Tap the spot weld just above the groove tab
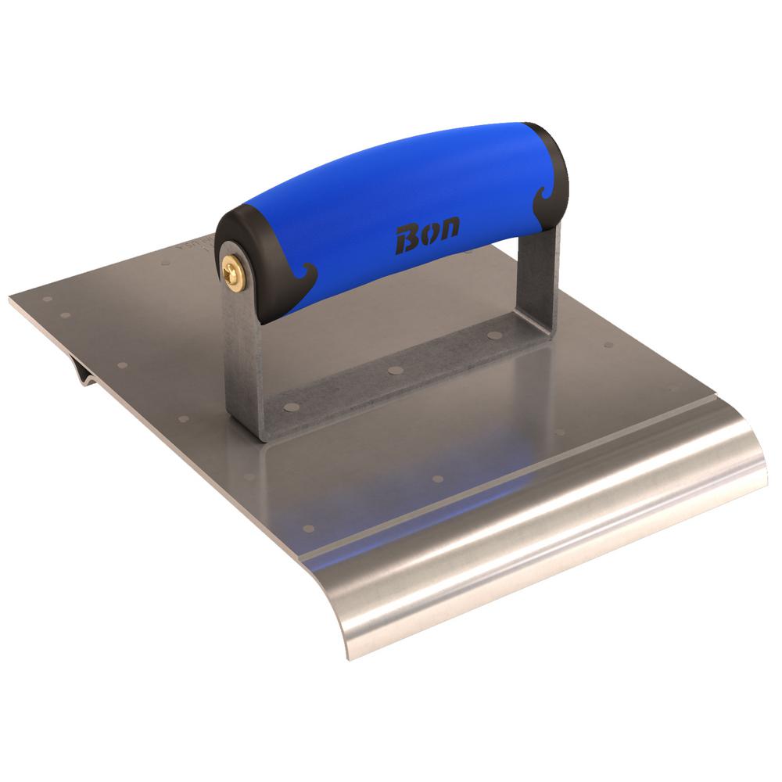click(x=121, y=364)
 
